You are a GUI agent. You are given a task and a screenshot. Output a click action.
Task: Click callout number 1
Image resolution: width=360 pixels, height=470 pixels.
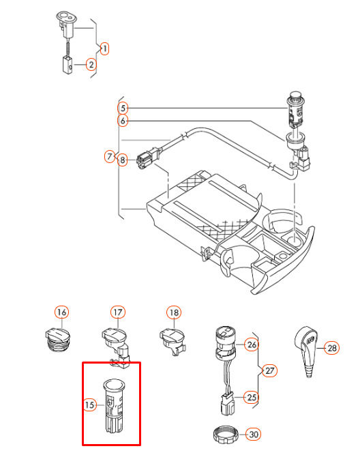tap(104, 48)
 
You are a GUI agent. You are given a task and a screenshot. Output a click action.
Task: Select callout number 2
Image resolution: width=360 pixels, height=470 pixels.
tap(90, 65)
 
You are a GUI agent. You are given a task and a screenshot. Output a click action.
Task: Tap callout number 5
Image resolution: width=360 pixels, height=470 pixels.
tap(123, 108)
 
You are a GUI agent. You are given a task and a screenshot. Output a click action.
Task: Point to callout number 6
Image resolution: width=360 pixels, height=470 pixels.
tap(123, 121)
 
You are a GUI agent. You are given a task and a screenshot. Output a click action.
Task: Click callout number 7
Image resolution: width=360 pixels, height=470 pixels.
tap(110, 157)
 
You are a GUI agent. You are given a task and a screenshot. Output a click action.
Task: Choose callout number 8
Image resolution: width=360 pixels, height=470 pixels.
tap(123, 161)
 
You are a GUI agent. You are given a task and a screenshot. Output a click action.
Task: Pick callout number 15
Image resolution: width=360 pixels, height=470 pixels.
tap(89, 405)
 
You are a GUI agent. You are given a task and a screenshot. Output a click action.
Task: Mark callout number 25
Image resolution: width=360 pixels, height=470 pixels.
tap(252, 396)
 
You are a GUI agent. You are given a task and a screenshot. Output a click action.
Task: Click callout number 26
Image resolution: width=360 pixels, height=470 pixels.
tap(252, 344)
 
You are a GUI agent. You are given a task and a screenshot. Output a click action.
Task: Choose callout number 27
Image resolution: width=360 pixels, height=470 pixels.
tap(270, 370)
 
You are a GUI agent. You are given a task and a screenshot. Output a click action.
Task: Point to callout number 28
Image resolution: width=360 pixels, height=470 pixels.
tap(331, 348)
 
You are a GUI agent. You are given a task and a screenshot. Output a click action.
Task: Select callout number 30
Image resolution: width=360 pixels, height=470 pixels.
tap(253, 434)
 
